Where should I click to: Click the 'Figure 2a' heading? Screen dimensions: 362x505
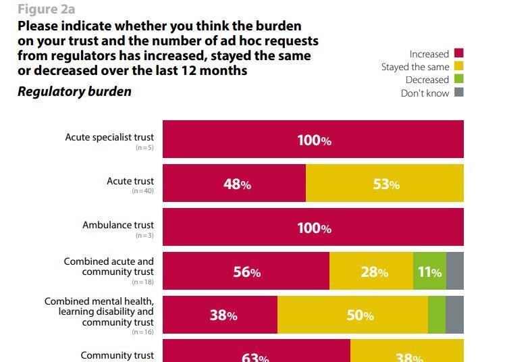[46, 9]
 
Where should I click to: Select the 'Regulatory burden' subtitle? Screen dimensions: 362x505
[74, 91]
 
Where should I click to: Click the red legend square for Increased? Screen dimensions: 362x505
[459, 53]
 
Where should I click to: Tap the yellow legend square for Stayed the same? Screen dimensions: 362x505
[459, 66]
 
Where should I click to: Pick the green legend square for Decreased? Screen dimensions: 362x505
[459, 79]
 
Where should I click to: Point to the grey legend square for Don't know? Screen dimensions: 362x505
[459, 93]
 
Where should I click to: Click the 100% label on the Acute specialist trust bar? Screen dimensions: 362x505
[314, 140]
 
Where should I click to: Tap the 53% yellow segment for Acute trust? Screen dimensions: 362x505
[385, 184]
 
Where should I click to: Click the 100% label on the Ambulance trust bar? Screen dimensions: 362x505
[314, 228]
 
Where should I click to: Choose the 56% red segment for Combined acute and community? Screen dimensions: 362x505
[246, 271]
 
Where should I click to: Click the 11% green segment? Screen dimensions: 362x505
[429, 271]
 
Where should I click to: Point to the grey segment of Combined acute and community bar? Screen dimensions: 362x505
[455, 271]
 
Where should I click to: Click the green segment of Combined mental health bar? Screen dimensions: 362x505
[437, 315]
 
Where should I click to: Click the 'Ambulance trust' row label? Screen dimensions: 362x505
[118, 225]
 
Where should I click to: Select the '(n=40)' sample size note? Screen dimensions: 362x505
[142, 192]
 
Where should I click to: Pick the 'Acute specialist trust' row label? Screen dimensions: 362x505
[109, 137]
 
